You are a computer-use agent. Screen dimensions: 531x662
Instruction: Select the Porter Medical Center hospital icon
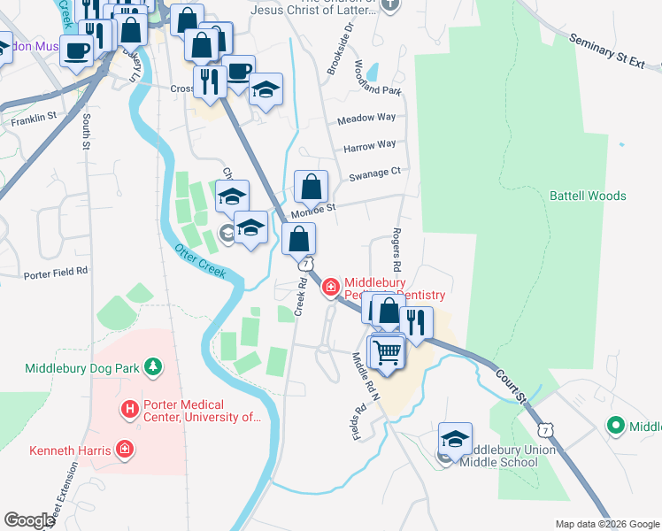[129, 410]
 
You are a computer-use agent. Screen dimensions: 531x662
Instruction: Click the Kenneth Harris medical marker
[126, 450]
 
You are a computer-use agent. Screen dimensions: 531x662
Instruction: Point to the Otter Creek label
[199, 261]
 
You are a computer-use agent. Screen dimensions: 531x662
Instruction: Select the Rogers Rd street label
[396, 252]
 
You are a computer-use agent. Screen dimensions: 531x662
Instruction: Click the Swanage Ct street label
[374, 173]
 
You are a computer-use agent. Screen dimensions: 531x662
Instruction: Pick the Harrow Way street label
[369, 144]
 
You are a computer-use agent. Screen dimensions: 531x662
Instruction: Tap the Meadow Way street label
[366, 118]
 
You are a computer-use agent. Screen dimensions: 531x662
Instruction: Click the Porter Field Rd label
[56, 272]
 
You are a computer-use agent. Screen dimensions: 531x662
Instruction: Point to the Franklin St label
[34, 116]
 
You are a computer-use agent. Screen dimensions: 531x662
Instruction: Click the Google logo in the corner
[29, 519]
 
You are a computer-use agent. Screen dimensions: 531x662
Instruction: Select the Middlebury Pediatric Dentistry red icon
[331, 286]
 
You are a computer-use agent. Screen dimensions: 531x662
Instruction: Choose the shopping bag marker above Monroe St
[311, 187]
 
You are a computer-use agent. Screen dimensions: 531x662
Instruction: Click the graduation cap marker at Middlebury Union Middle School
[455, 439]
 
